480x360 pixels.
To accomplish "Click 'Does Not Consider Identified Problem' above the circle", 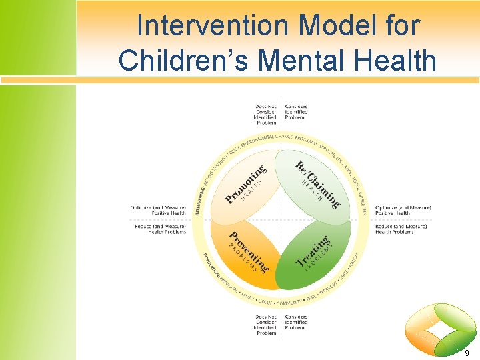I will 265,115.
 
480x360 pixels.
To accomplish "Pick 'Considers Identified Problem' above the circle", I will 295,112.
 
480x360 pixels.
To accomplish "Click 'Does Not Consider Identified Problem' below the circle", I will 265,325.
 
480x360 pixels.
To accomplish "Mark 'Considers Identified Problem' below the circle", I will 295,323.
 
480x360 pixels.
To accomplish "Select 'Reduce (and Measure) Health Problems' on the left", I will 160,229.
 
